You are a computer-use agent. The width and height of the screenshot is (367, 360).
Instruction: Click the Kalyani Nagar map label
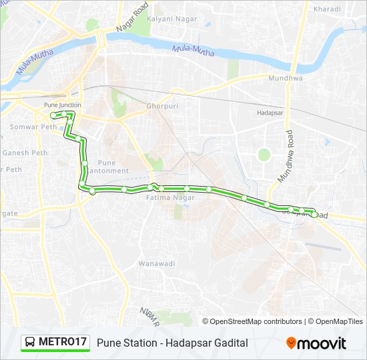click(x=172, y=19)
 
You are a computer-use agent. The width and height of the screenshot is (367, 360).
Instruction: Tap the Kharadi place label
click(x=327, y=9)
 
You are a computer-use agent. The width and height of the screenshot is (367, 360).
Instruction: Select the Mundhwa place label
click(x=285, y=78)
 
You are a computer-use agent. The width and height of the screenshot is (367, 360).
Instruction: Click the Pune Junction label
click(x=62, y=105)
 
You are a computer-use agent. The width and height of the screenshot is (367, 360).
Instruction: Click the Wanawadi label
click(x=156, y=264)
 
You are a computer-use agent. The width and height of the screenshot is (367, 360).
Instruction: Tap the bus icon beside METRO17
click(x=31, y=343)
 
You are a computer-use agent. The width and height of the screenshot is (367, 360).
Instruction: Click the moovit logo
click(x=316, y=343)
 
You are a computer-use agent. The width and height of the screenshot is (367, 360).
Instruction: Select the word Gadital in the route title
click(x=228, y=343)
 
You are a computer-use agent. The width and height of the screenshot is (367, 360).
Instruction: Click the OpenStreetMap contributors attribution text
click(x=254, y=321)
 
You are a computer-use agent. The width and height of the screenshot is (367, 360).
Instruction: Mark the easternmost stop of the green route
click(x=314, y=214)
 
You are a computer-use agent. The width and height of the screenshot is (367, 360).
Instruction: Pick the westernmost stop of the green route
click(x=53, y=115)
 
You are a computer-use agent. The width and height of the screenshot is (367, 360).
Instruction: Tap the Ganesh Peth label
click(x=24, y=153)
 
